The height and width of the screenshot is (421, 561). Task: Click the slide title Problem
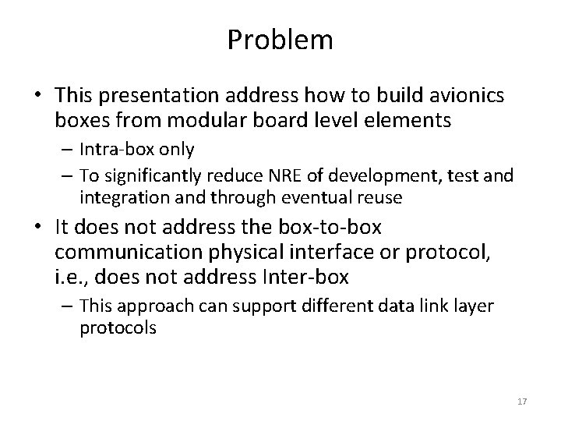[x=280, y=40]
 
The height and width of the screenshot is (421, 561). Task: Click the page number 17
[x=522, y=402]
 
